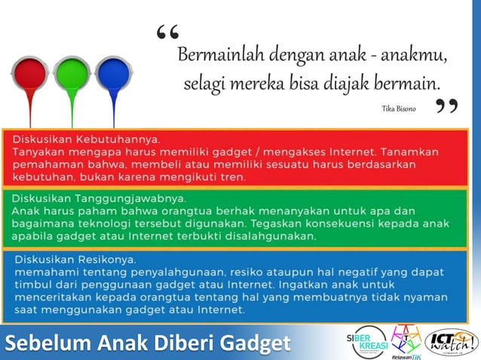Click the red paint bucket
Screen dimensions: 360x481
click(30, 74)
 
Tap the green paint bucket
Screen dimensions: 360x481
click(72, 74)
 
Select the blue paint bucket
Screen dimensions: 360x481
click(113, 74)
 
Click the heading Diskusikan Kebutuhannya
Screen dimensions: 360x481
click(85, 139)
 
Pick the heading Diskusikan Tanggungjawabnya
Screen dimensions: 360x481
click(99, 198)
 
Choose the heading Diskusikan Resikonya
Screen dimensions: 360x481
click(74, 258)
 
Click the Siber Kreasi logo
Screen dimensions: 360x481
click(366, 340)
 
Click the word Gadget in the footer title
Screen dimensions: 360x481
click(250, 344)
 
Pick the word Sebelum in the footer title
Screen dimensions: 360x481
click(38, 344)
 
